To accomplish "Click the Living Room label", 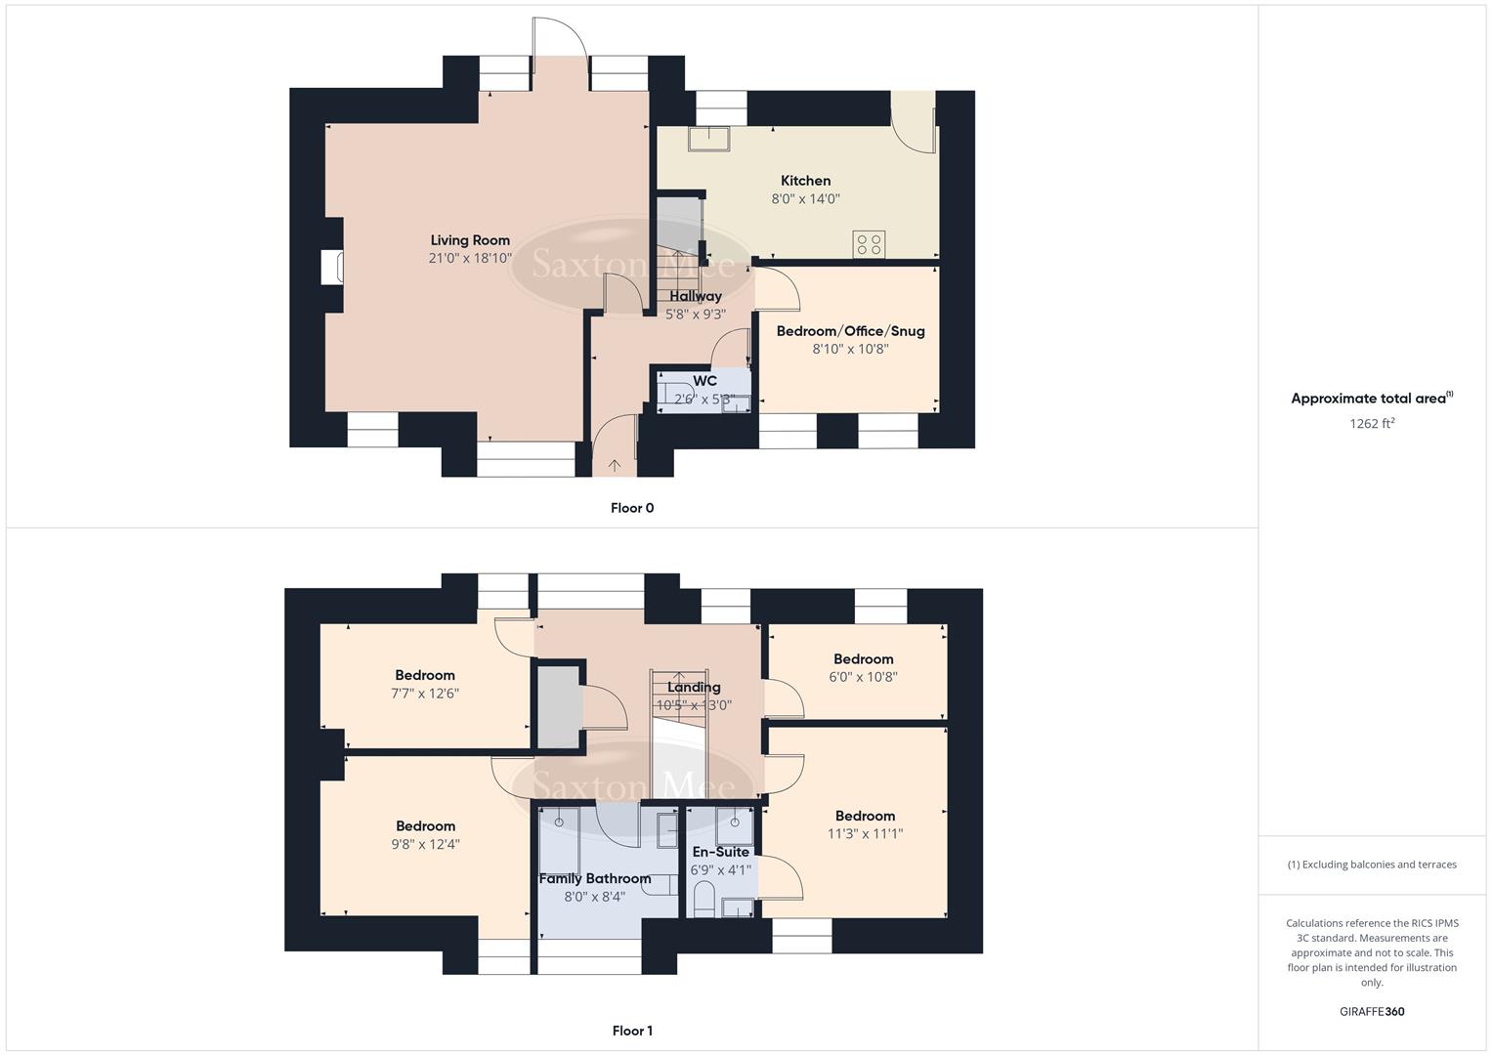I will click(470, 240).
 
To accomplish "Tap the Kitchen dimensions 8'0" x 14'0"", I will click(805, 198).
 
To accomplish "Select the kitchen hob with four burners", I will click(870, 243).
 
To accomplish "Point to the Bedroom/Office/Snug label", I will click(850, 331).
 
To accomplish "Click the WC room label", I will click(704, 381).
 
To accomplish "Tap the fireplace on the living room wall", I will click(333, 267).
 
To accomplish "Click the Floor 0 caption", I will click(632, 508).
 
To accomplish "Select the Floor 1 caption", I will click(632, 1031).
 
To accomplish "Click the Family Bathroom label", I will click(595, 878).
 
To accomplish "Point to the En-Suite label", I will click(720, 852).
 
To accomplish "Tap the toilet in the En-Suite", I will click(703, 899).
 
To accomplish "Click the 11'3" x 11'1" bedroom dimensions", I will click(865, 834).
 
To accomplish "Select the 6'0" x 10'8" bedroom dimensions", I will click(864, 676).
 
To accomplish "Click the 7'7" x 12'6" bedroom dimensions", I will click(425, 694).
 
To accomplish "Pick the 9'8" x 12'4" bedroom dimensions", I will click(426, 844).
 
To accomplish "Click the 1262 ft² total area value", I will click(1372, 424).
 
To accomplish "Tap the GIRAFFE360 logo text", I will click(1372, 1012).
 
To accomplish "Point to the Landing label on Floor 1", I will click(694, 687).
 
